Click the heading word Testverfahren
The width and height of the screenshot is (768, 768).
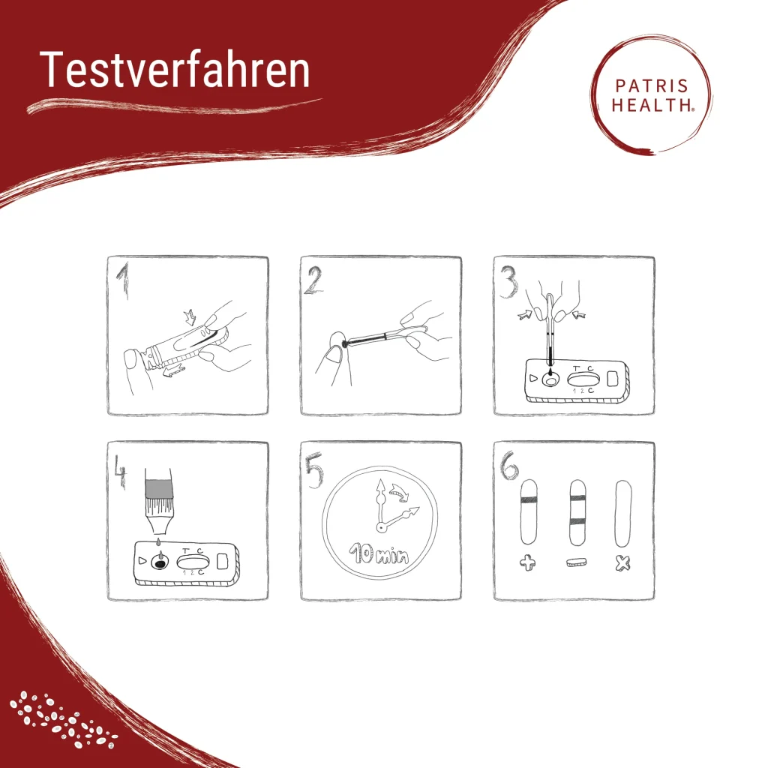pyautogui.click(x=174, y=70)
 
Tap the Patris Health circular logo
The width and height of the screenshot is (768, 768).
pyautogui.click(x=651, y=96)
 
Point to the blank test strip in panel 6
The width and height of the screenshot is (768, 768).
pyautogui.click(x=622, y=512)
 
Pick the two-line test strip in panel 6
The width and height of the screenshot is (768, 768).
pyautogui.click(x=576, y=512)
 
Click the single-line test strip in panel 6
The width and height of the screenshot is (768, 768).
pyautogui.click(x=529, y=512)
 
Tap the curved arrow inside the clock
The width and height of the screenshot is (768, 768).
pyautogui.click(x=401, y=492)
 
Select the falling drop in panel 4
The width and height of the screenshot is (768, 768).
pyautogui.click(x=158, y=541)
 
